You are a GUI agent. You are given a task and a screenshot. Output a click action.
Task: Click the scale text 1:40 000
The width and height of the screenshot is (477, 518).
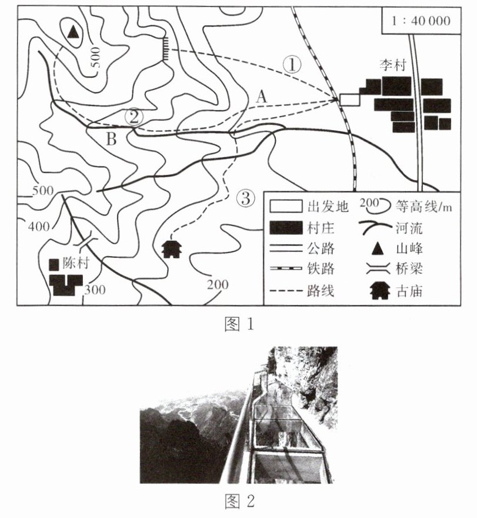pyautogui.click(x=421, y=21)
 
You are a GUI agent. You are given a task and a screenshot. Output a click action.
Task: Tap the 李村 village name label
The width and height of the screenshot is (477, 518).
pyautogui.click(x=392, y=65)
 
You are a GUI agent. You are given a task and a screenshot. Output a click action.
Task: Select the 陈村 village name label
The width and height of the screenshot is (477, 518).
pyautogui.click(x=76, y=263)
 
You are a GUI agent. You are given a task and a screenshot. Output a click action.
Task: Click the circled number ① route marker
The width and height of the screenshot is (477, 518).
pyautogui.click(x=292, y=64)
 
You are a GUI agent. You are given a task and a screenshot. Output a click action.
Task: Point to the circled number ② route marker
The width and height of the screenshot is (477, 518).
pyautogui.click(x=134, y=117)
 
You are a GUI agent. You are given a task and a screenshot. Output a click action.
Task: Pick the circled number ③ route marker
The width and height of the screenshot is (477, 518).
pyautogui.click(x=246, y=198)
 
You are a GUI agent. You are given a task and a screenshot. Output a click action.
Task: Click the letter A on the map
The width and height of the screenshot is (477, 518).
pyautogui.click(x=262, y=97)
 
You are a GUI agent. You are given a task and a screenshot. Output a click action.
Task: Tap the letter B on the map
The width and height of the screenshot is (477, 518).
pyautogui.click(x=112, y=139)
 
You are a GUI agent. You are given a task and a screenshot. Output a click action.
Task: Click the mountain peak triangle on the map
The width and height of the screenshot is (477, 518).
pyautogui.click(x=73, y=32)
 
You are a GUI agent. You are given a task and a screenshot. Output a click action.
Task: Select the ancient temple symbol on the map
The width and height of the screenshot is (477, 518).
pyautogui.click(x=171, y=249)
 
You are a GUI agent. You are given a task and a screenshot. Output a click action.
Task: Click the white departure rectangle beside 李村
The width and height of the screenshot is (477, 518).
pyautogui.click(x=349, y=99)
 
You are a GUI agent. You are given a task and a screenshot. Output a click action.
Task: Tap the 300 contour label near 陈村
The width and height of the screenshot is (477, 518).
pyautogui.click(x=95, y=290)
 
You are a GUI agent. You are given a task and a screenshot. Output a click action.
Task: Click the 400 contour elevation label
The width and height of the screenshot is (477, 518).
pyautogui.click(x=39, y=227)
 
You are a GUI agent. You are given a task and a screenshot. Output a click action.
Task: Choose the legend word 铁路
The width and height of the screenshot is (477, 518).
pyautogui.click(x=321, y=268)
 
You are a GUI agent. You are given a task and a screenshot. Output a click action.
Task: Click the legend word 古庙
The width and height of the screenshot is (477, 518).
pyautogui.click(x=409, y=291)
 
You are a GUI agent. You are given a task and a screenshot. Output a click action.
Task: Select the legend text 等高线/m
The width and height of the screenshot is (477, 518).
pyautogui.click(x=423, y=207)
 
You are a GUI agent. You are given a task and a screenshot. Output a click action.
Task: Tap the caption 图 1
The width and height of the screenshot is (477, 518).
pyautogui.click(x=239, y=324)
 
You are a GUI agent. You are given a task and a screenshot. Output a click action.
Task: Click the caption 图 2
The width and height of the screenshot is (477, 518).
pyautogui.click(x=239, y=501)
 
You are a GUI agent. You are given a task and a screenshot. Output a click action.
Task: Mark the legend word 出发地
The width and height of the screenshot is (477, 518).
pyautogui.click(x=328, y=207)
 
